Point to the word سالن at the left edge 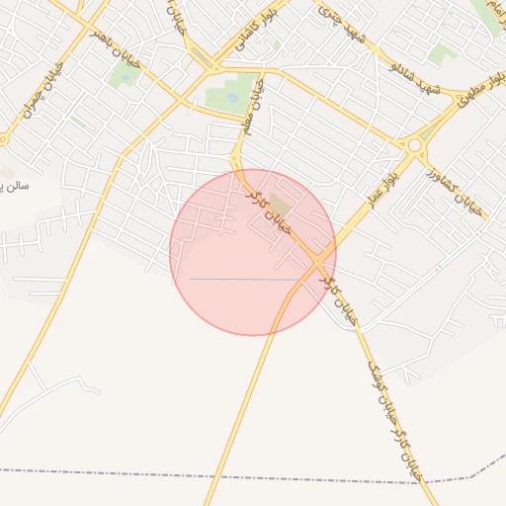pyautogui.click(x=14, y=185)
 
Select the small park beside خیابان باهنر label pyautogui.click(x=125, y=75)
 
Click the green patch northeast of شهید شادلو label pyautogui.click(x=443, y=53)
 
